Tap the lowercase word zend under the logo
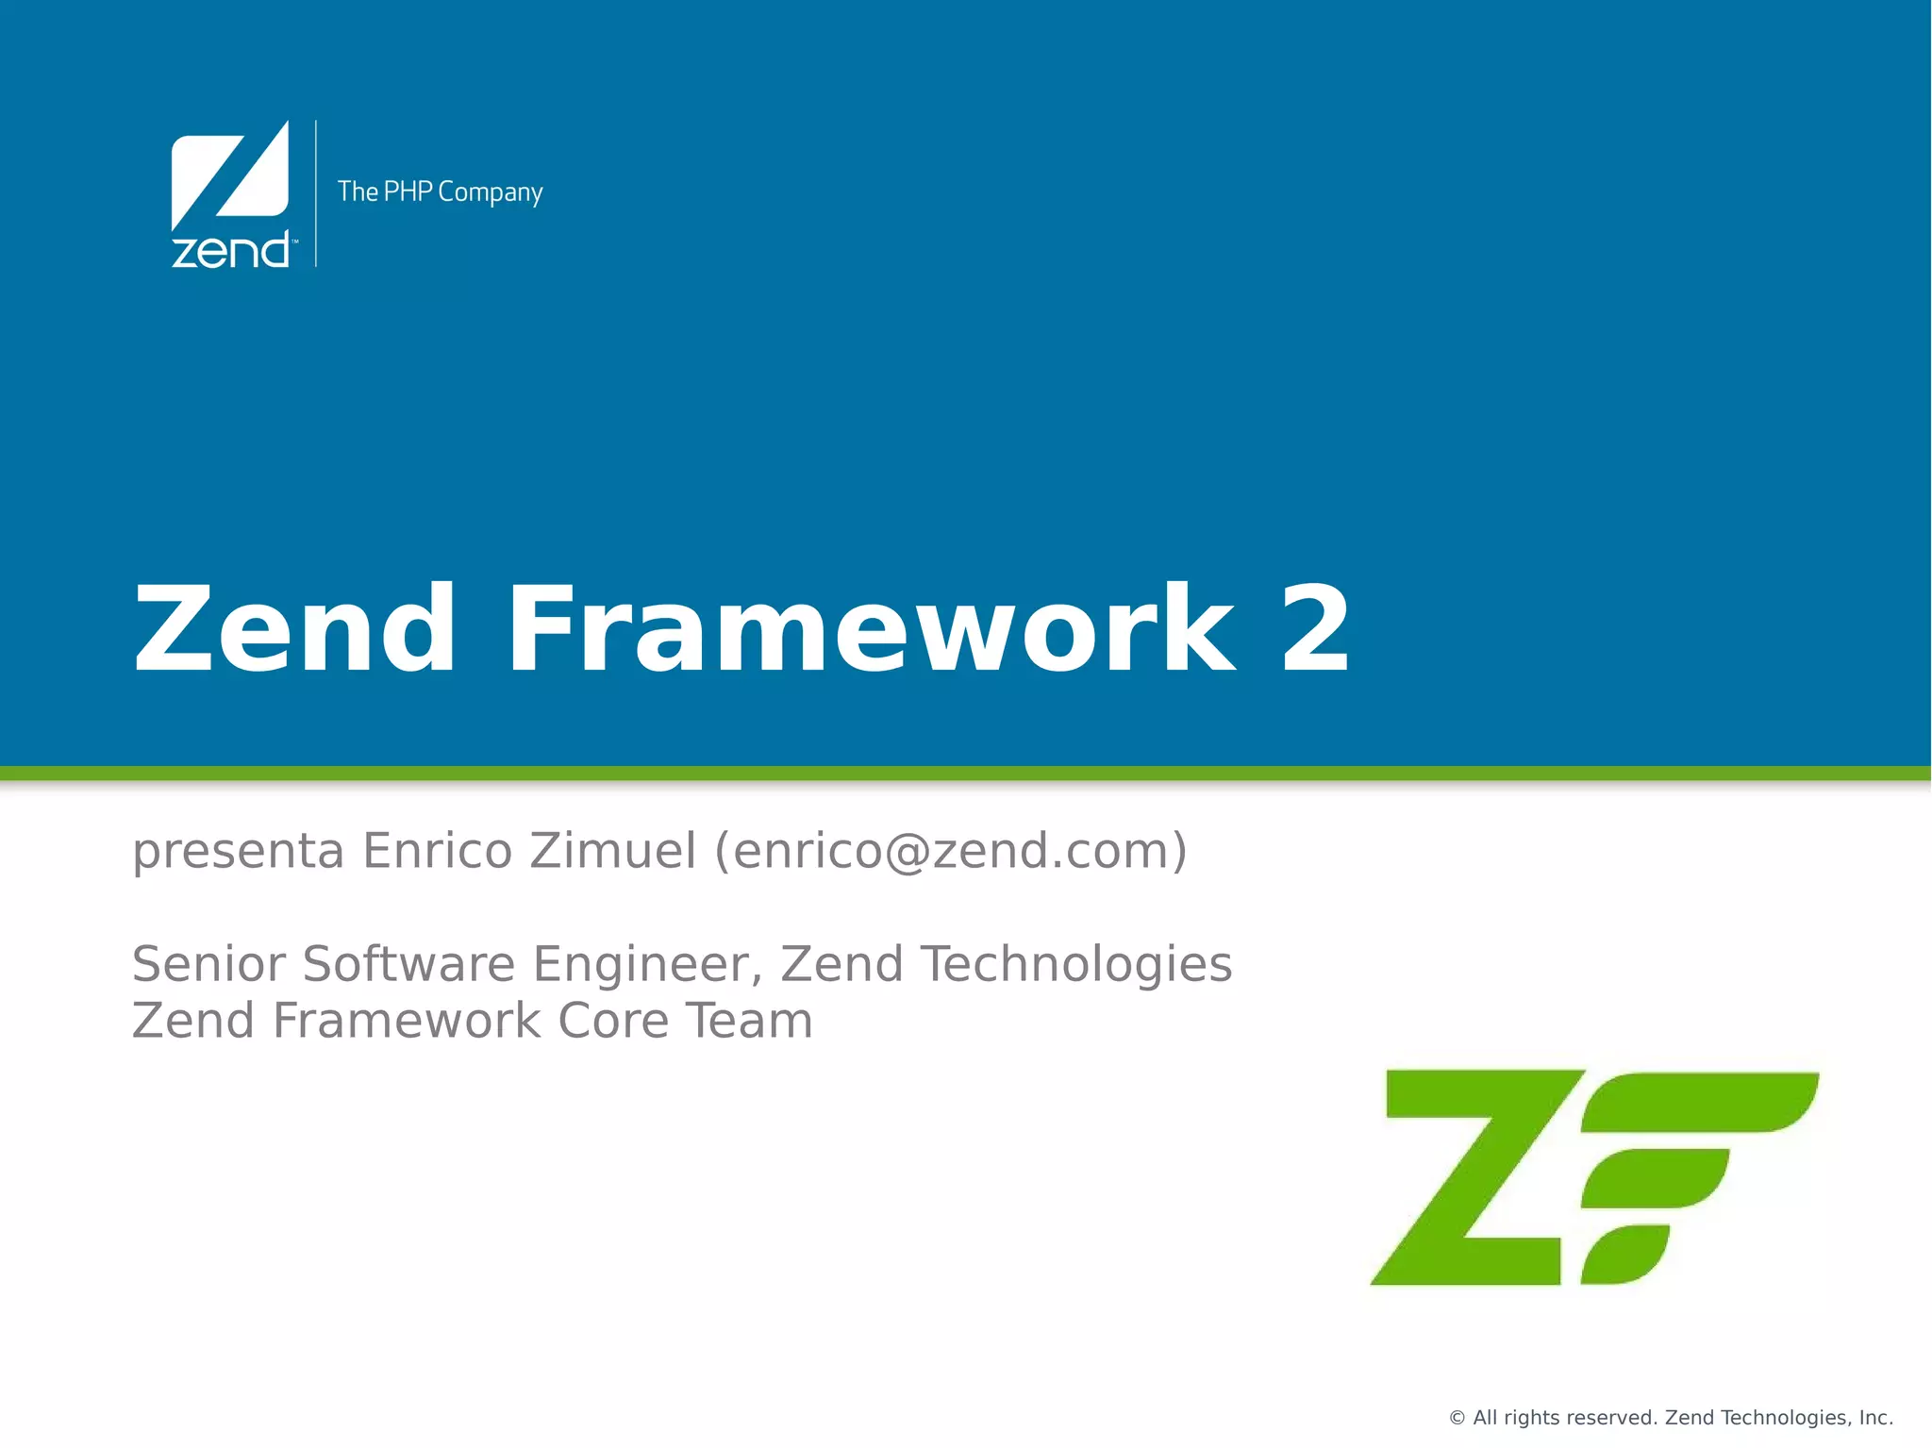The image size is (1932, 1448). point(230,251)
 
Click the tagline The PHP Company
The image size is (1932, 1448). point(440,192)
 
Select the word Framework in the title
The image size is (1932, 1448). point(870,630)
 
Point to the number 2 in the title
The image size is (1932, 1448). point(1315,630)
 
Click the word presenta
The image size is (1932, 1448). point(238,851)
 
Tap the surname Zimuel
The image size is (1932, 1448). point(612,851)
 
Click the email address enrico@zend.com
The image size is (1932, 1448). point(951,851)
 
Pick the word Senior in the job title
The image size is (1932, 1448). point(208,964)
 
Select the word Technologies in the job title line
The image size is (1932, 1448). point(1075,964)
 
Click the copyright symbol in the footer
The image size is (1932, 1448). point(1457,1418)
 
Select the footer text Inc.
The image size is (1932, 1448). point(1875,1418)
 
